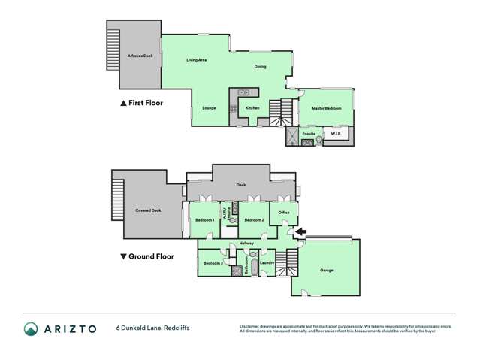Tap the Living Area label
coord(197,59)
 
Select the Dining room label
coord(259,66)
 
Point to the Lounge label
coord(209,108)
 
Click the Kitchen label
coord(252,108)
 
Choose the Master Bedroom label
coord(326,108)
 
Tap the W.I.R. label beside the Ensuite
coord(336,134)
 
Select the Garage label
coord(326,271)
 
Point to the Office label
coord(284,212)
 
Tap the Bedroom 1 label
coord(204,219)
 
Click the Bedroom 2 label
coord(252,219)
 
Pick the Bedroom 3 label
coord(213,263)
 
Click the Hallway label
coord(246,244)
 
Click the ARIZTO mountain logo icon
coord(31,328)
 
